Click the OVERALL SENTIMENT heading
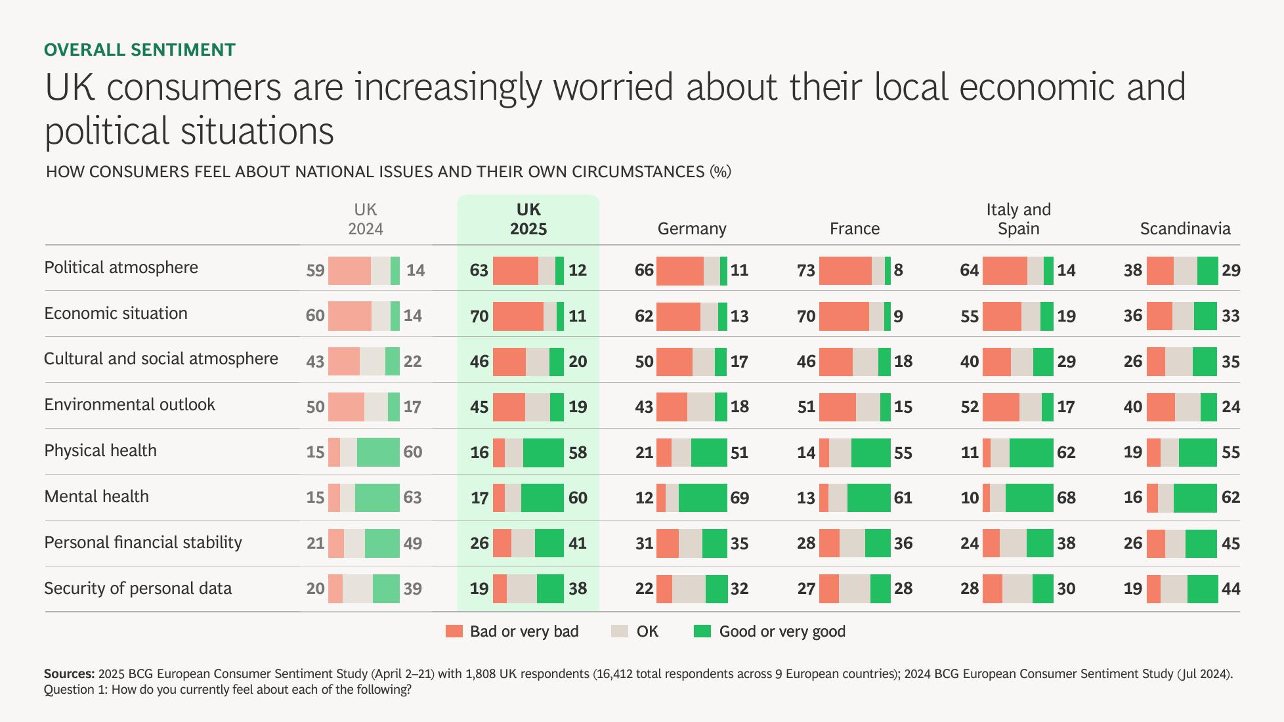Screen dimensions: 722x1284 point(139,50)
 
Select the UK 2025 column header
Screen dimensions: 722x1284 point(528,219)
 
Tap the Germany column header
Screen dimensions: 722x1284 point(691,228)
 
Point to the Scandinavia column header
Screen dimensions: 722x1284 point(1184,228)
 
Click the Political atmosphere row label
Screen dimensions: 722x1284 point(121,268)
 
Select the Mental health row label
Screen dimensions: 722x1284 point(96,496)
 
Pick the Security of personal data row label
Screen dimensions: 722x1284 point(138,588)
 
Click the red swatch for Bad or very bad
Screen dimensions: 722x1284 point(454,631)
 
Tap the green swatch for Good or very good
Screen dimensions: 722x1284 point(702,631)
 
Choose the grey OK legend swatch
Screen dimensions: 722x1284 point(619,631)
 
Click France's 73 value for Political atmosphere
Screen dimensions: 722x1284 point(805,270)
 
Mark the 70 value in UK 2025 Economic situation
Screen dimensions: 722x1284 point(479,316)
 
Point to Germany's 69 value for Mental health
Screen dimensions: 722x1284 point(739,498)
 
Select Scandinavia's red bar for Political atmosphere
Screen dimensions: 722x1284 point(1159,270)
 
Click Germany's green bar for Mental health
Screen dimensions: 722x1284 point(702,498)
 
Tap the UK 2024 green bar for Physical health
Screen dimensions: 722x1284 point(378,452)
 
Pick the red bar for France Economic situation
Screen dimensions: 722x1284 point(844,316)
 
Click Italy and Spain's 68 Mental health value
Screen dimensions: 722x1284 point(1066,498)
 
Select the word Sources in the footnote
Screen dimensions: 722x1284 point(68,673)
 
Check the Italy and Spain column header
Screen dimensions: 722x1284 point(1018,219)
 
